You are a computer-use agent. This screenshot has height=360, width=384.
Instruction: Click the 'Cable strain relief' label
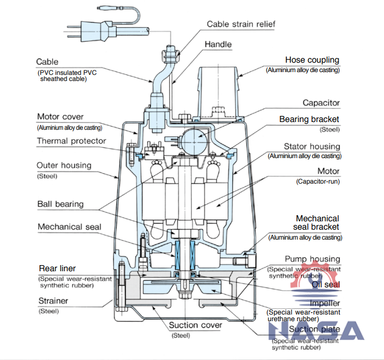click(x=241, y=24)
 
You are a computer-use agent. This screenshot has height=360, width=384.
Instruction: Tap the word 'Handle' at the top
click(x=218, y=44)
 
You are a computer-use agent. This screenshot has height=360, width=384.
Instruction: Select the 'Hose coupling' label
click(x=312, y=60)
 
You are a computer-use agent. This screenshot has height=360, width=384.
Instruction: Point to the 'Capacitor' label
click(x=321, y=103)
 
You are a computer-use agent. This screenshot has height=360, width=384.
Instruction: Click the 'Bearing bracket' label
click(x=309, y=119)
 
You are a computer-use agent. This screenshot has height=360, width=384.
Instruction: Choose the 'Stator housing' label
click(x=312, y=146)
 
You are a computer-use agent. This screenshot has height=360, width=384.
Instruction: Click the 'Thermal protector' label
click(x=71, y=141)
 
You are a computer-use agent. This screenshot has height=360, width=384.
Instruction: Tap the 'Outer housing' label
click(x=64, y=165)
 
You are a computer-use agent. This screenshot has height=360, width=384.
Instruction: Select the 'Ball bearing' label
click(x=60, y=204)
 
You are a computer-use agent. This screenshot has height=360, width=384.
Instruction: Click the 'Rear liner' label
click(x=58, y=268)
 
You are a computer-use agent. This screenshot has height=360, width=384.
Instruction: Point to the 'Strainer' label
click(x=53, y=301)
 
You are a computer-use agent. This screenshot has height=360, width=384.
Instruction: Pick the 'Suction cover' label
click(x=195, y=325)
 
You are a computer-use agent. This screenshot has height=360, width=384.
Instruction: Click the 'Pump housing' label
click(x=312, y=259)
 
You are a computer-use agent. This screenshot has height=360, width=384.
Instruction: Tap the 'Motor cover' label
click(x=60, y=117)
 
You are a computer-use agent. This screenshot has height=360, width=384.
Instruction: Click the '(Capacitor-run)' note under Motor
click(x=318, y=181)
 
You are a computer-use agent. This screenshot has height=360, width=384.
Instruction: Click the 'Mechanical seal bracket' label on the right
click(x=317, y=223)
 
